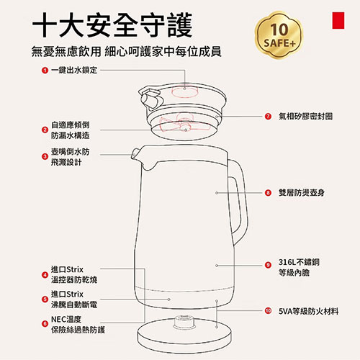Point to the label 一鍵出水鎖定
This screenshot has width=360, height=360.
[x=73, y=70]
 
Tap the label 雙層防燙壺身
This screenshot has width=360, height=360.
[x=305, y=193]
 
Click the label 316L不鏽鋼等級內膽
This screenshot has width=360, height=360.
[x=302, y=269]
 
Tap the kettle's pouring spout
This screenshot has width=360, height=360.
[x=137, y=154]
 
